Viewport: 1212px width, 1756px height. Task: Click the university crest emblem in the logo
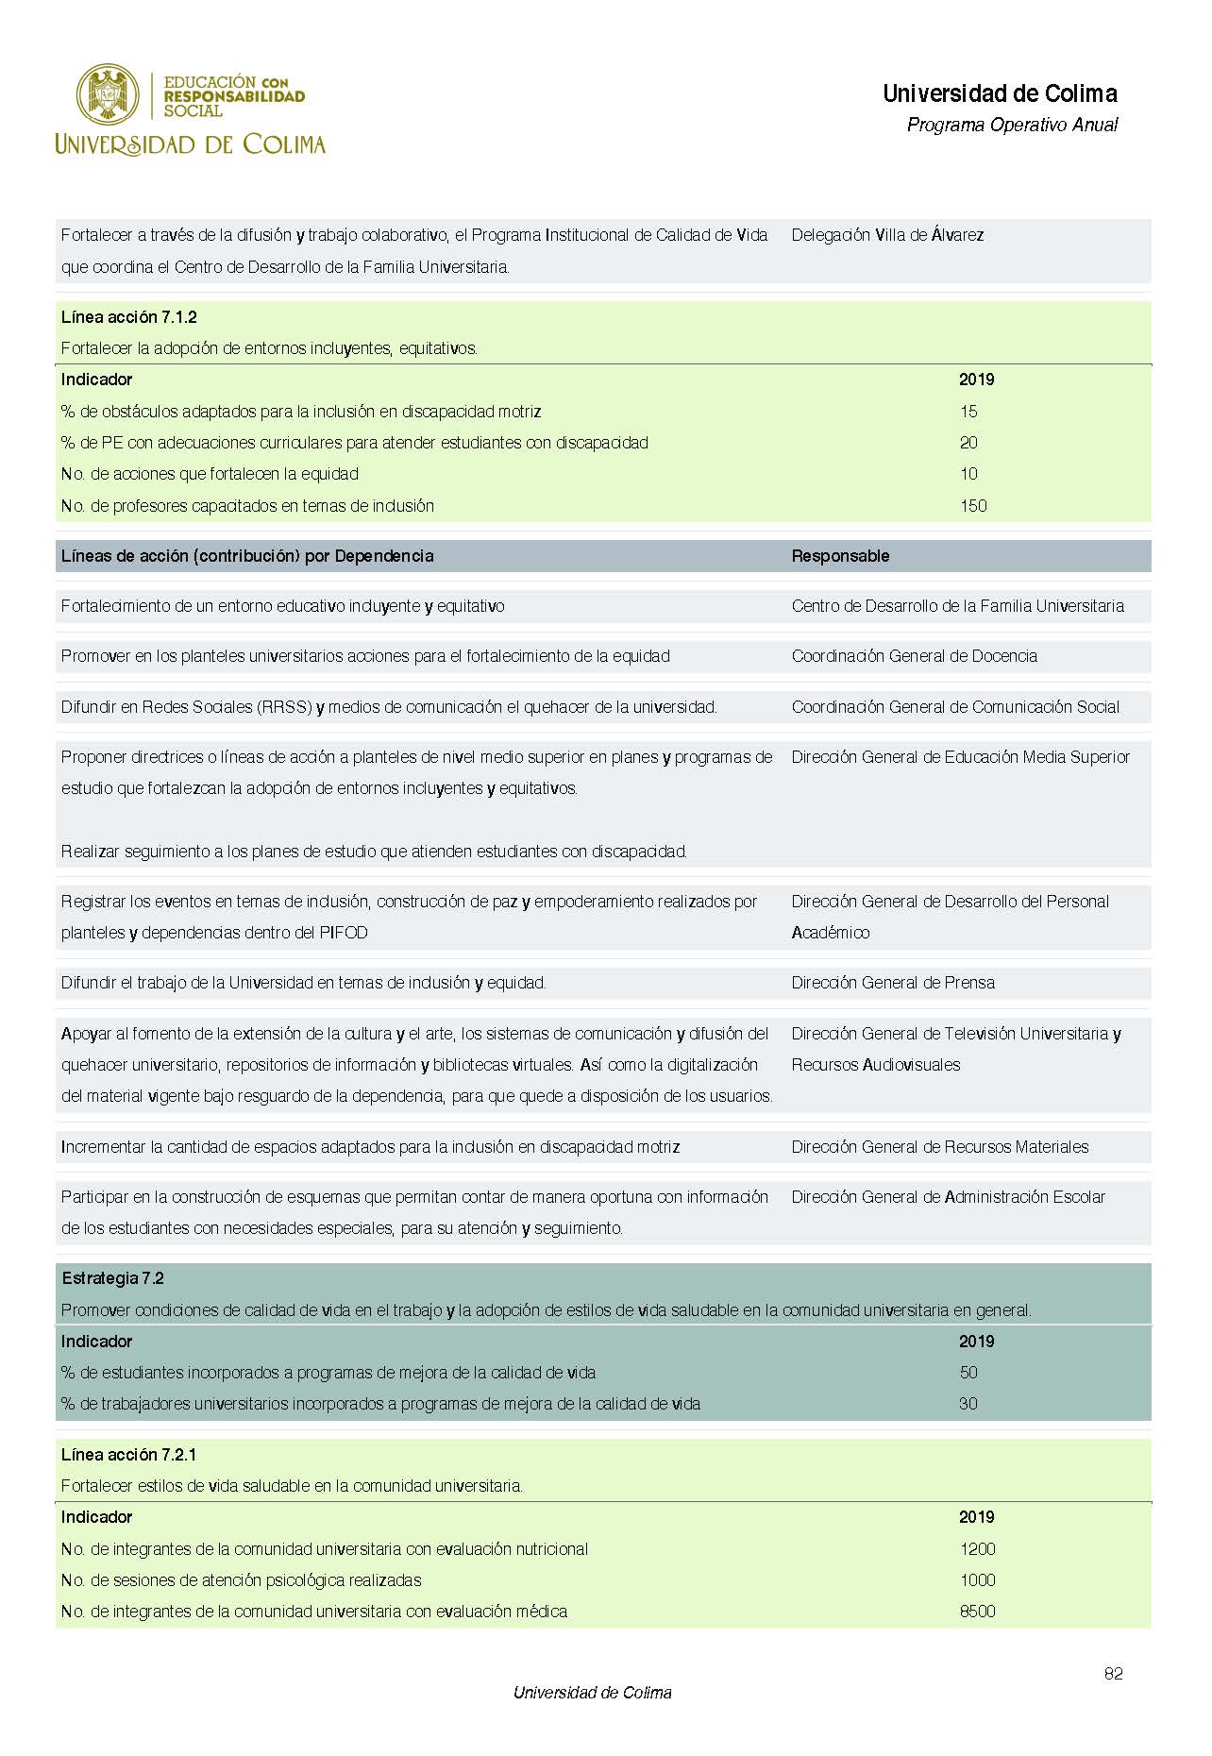click(x=108, y=94)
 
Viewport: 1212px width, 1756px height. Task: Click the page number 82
click(x=1113, y=1673)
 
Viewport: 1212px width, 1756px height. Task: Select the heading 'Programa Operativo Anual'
click(x=1012, y=125)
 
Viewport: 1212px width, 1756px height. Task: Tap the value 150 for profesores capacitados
click(x=973, y=506)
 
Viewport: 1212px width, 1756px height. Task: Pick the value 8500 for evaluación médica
click(x=977, y=1611)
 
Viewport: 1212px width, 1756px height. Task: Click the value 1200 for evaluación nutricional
click(x=977, y=1548)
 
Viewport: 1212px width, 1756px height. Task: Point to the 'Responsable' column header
click(x=840, y=556)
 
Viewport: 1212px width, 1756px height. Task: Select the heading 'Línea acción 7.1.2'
click(x=129, y=317)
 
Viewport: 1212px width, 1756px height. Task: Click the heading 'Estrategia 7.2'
click(x=113, y=1278)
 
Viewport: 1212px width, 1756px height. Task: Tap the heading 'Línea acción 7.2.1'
click(x=129, y=1454)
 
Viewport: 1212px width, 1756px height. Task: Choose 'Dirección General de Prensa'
click(x=893, y=983)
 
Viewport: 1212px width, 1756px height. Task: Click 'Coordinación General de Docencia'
click(x=914, y=656)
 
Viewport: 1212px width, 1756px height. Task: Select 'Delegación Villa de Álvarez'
click(x=887, y=235)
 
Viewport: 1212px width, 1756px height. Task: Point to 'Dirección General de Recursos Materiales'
click(x=940, y=1147)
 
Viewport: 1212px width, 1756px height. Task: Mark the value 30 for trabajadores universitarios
click(x=968, y=1404)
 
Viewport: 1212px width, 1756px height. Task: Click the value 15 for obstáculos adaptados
click(x=968, y=412)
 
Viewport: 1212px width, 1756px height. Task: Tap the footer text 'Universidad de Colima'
click(x=592, y=1693)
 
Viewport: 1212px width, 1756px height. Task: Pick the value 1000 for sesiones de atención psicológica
click(x=977, y=1579)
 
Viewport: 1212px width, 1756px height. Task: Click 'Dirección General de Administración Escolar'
click(x=948, y=1197)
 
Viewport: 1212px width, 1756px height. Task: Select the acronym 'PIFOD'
click(x=344, y=933)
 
